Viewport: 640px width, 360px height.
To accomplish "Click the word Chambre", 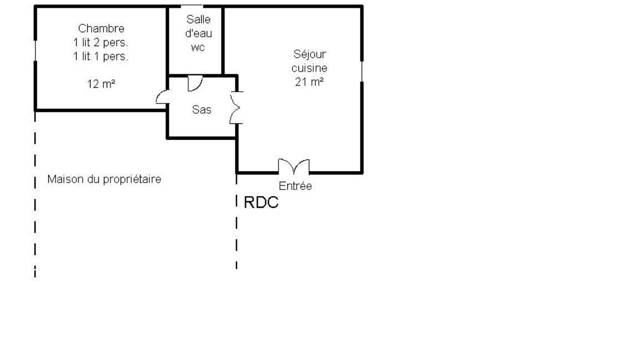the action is pos(101,28).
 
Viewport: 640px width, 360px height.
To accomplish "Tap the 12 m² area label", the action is pos(101,84).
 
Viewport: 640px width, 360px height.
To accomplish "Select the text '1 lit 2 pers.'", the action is pos(101,42).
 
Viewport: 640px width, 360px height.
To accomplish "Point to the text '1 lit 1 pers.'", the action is pos(101,56).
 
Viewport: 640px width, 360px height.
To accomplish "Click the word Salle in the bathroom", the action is pos(198,19).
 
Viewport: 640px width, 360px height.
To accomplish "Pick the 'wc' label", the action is pos(198,48).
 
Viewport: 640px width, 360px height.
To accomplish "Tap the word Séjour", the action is pos(310,54).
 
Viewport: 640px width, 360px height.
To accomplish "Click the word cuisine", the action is pos(309,68).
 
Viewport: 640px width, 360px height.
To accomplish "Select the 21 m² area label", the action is pos(309,82).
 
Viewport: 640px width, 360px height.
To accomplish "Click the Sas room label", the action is pos(202,109).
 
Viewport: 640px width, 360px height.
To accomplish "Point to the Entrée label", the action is pos(295,186).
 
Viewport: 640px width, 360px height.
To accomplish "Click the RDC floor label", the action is pos(261,202).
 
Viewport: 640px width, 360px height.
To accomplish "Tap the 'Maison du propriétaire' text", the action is pos(104,179).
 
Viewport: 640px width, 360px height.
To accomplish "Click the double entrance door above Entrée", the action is pos(294,167).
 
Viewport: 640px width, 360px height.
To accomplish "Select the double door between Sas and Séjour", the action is pos(236,108).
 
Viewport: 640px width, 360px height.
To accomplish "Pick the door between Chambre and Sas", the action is pos(162,97).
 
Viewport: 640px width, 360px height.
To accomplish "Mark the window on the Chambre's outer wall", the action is pos(35,51).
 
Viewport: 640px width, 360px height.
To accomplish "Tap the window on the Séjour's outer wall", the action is pos(362,72).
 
